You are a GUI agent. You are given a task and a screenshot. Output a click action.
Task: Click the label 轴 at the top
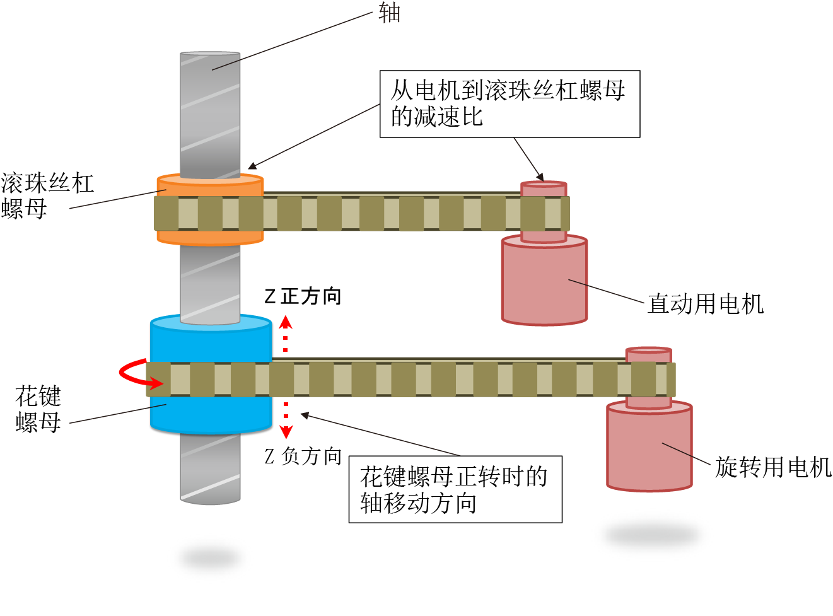pos(389,13)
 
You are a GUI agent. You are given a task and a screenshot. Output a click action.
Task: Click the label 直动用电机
pos(706,304)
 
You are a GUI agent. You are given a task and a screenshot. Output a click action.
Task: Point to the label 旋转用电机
pos(773,467)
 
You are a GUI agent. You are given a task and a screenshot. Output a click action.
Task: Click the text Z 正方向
pos(303,296)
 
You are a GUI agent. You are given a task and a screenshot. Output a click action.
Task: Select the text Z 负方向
pos(303,456)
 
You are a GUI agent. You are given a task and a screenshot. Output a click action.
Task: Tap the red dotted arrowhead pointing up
pos(286,322)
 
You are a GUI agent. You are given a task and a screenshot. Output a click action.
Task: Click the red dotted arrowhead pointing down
pos(286,433)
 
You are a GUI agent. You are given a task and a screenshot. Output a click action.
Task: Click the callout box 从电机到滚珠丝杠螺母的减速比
pos(510,103)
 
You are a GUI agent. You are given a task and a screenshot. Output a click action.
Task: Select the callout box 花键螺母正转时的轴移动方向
pos(455,489)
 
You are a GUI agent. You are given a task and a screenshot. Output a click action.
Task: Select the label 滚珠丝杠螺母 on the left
pos(47,195)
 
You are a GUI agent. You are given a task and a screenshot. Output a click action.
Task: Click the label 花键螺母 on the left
pos(38,409)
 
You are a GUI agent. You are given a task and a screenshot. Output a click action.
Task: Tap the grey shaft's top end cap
pos(210,54)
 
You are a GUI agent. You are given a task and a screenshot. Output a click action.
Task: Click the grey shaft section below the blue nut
pos(211,468)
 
